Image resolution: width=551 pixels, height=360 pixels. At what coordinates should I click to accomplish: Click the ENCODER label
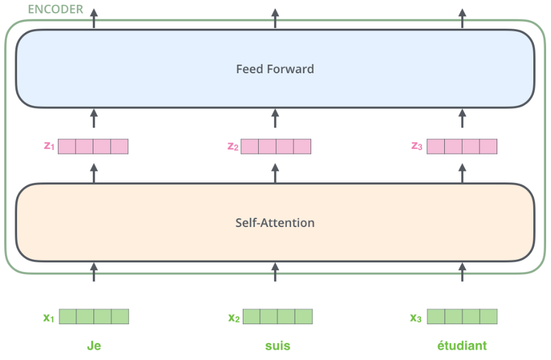coord(56,9)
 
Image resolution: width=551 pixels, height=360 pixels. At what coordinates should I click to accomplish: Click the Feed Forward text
coord(275,69)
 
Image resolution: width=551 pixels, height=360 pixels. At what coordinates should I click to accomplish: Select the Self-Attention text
coord(275,223)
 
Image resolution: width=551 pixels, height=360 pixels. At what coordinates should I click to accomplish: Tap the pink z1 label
coord(49,146)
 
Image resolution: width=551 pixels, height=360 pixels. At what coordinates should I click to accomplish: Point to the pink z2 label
coord(233,146)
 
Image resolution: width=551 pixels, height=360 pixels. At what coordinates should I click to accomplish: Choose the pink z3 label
coord(417,146)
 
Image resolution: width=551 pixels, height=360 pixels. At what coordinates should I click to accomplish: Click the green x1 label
coord(48,318)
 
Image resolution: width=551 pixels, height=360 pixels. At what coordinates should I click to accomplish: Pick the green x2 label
coord(234,318)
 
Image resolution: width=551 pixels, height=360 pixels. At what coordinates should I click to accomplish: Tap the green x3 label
coord(416,318)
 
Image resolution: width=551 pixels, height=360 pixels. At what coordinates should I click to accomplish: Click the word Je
coord(94,346)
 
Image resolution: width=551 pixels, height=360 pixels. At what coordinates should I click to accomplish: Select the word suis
coord(278,346)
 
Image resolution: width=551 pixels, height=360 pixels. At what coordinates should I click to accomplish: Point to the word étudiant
coord(462,345)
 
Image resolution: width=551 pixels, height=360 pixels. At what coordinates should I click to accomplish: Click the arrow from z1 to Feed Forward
coord(94,118)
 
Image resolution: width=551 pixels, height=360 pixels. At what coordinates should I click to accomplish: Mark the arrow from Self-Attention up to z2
coord(275,173)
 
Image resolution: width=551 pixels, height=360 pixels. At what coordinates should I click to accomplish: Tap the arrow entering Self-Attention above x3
coord(463,272)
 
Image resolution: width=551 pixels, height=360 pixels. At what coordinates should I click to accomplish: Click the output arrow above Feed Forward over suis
coord(275,19)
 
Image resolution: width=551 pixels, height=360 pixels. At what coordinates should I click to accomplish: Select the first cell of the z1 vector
coord(67,146)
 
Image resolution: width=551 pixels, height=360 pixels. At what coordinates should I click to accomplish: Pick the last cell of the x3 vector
coord(488,317)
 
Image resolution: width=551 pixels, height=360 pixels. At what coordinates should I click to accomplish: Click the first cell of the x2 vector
coord(251,317)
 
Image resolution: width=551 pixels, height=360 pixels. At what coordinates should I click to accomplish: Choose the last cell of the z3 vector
coord(488,146)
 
